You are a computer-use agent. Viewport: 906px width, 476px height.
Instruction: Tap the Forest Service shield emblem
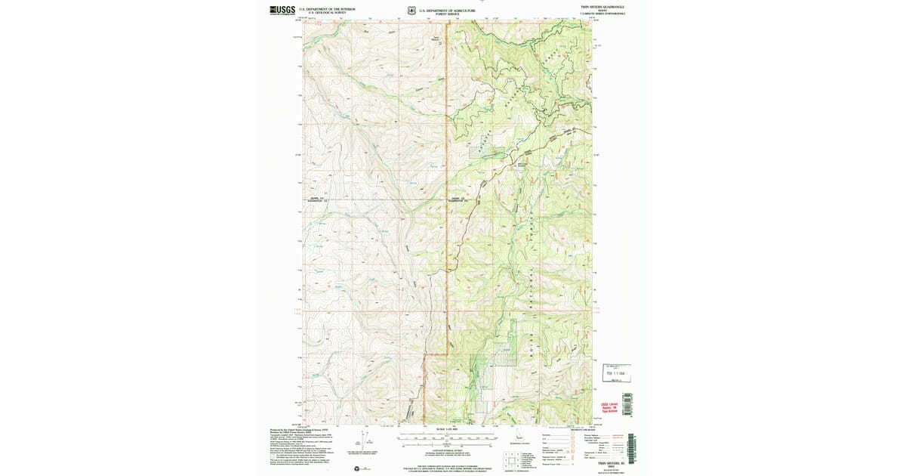coord(411,11)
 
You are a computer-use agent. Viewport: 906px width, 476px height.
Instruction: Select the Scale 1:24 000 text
coord(447,430)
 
